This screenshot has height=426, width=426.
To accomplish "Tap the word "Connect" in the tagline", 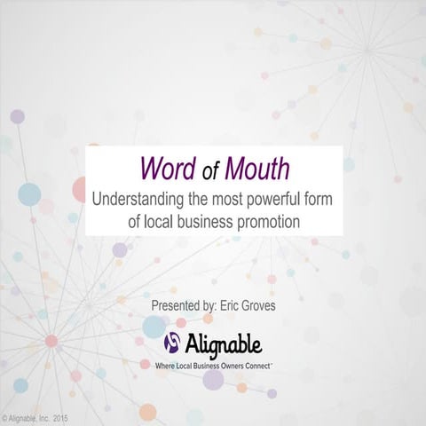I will (x=256, y=364).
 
